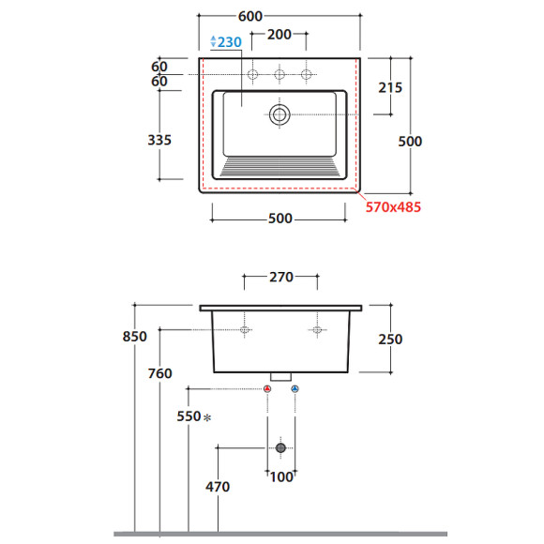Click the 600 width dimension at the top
pos(250,16)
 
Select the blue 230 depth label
pos(230,42)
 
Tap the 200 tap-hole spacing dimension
pos(279,35)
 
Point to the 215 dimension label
pos(390,88)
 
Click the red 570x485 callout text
pos(393,207)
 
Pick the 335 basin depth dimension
pos(159,140)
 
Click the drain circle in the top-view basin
pos(280,114)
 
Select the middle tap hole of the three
pos(280,74)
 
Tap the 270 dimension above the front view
pos(281,278)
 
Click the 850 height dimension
pos(135,337)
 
